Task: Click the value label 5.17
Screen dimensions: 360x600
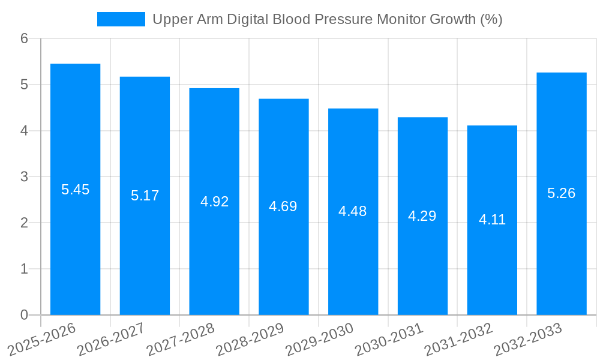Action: pos(145,195)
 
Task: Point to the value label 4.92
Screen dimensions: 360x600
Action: pos(214,202)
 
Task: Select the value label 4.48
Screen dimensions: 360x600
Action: pos(353,211)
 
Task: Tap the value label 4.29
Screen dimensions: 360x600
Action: pos(422,216)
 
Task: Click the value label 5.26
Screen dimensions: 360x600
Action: pos(561,193)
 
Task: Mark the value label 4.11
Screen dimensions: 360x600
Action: pos(492,220)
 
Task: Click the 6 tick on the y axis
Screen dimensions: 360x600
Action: pos(24,39)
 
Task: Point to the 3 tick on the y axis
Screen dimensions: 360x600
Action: pos(24,177)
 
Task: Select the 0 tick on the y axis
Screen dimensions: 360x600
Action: pos(24,315)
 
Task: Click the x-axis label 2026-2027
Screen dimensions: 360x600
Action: pos(111,339)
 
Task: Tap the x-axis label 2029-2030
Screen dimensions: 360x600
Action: pos(319,339)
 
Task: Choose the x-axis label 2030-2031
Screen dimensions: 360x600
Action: pos(389,339)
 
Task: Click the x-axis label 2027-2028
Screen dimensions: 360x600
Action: pos(181,339)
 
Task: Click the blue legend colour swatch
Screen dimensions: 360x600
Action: pos(121,19)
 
